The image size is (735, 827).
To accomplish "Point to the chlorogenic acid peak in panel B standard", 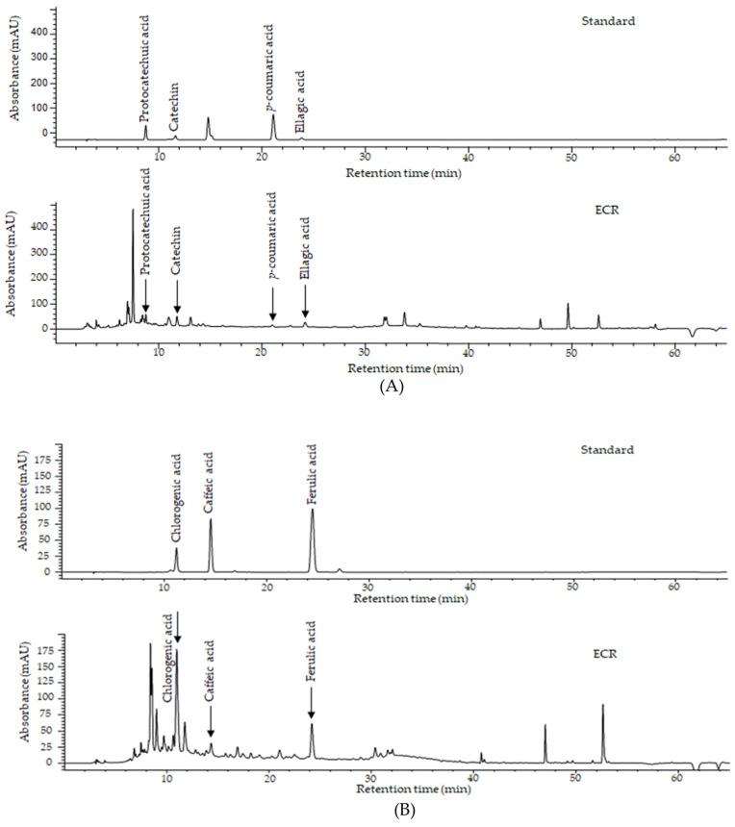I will pos(176,551).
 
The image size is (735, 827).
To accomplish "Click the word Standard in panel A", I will pos(608,21).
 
